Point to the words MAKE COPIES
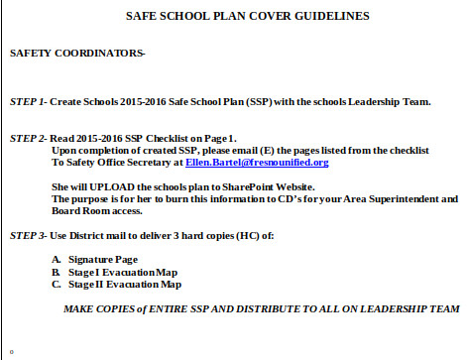[99, 308]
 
